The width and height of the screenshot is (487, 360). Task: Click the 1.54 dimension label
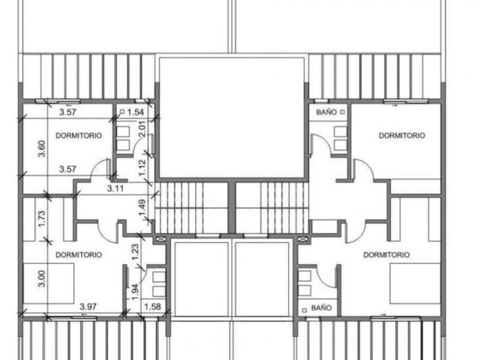coord(136,112)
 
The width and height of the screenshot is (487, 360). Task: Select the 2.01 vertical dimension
coord(141,129)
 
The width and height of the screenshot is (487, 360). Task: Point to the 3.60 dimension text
coord(42,149)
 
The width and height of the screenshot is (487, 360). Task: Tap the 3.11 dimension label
coord(115,188)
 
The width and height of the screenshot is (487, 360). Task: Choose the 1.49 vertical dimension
coord(142,208)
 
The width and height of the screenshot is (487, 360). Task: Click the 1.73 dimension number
coord(42,219)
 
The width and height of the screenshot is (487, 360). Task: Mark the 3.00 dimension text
coord(42,279)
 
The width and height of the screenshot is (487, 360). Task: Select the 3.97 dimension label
coord(88,307)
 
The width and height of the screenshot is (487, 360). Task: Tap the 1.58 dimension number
coord(152,307)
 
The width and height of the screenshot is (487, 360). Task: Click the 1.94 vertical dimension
coord(135,292)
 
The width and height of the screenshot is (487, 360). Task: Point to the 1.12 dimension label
coord(142,168)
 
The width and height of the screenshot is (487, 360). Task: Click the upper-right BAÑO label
coord(327,112)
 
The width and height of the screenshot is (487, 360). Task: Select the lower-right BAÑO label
coord(321,308)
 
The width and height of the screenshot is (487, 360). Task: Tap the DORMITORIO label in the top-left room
coord(78,135)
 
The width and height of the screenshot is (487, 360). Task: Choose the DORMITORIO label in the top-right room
coord(402,135)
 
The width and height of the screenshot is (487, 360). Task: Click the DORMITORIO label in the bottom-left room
coord(78,254)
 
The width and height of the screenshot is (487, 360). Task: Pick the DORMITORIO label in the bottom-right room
coord(386,254)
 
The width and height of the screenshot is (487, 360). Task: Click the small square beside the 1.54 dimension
coord(122,112)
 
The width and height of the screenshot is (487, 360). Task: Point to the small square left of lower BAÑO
coord(304,310)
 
